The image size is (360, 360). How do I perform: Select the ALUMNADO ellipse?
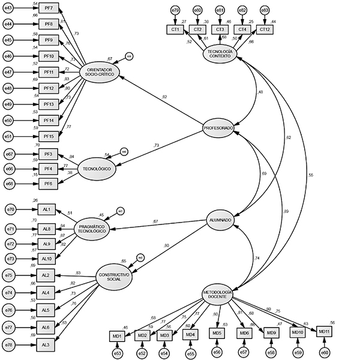pos(220,220)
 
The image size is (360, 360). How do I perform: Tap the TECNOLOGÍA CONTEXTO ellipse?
pos(220,54)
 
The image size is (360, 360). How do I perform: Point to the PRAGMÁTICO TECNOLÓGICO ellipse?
pos(92,229)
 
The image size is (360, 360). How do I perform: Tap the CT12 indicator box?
pos(264,29)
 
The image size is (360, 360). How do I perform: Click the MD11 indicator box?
pos(324,331)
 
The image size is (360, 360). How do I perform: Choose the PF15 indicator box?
pos(49,136)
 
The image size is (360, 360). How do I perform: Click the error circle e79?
pos(175,10)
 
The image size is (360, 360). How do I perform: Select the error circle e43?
pos(8,7)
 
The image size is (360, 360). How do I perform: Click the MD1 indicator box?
pos(117,335)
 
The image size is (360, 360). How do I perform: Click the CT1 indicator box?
pos(175,29)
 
